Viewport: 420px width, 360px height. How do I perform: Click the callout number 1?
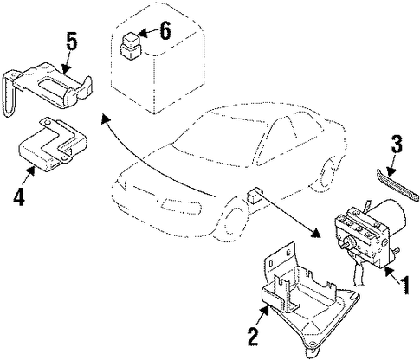[404, 284]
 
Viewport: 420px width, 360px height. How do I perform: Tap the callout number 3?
[397, 144]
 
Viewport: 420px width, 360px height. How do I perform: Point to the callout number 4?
[19, 196]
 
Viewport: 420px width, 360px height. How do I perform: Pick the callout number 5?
[72, 42]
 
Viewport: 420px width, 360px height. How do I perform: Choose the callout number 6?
[165, 30]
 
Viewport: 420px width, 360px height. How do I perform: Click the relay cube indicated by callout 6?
[129, 47]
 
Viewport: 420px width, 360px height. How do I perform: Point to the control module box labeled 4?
[52, 145]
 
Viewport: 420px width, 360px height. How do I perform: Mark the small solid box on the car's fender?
[255, 195]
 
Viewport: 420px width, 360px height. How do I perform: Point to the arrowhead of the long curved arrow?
[106, 118]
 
